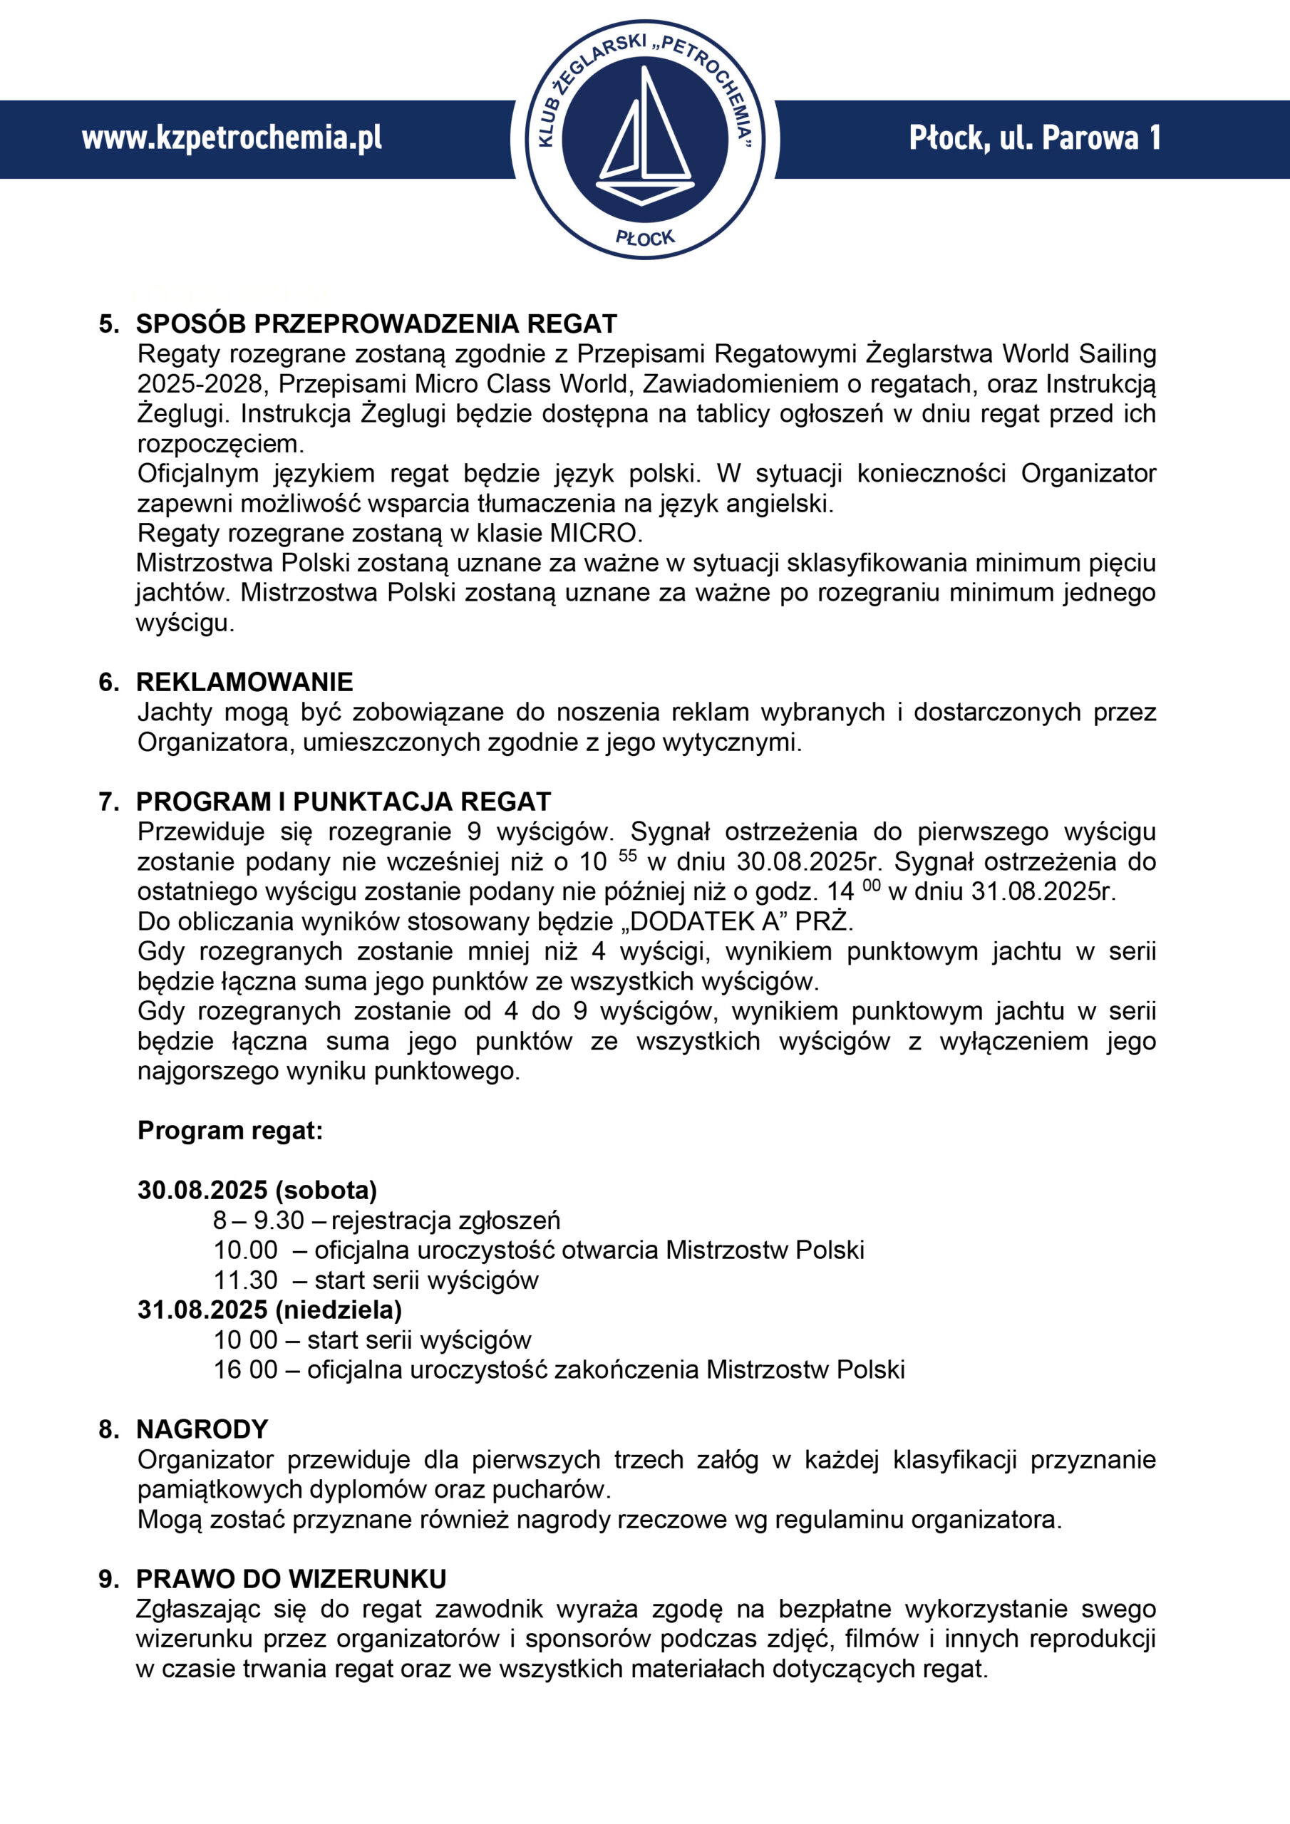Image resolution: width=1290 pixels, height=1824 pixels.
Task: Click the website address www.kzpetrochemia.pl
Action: [232, 138]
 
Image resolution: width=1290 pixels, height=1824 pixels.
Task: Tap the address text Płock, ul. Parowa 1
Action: [1035, 138]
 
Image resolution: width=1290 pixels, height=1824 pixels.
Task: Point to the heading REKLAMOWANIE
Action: [244, 682]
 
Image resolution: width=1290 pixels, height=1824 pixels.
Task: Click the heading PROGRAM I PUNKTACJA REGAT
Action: [344, 802]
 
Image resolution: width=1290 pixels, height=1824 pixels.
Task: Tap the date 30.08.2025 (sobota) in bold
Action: [257, 1190]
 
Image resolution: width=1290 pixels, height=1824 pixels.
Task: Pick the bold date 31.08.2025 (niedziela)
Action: [269, 1309]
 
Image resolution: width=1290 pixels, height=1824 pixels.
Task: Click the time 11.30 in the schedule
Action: [246, 1280]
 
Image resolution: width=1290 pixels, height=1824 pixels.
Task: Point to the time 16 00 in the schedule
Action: [246, 1369]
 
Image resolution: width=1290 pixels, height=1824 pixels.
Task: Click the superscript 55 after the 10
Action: [628, 856]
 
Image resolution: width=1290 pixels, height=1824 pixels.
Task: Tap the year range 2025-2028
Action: [200, 384]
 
